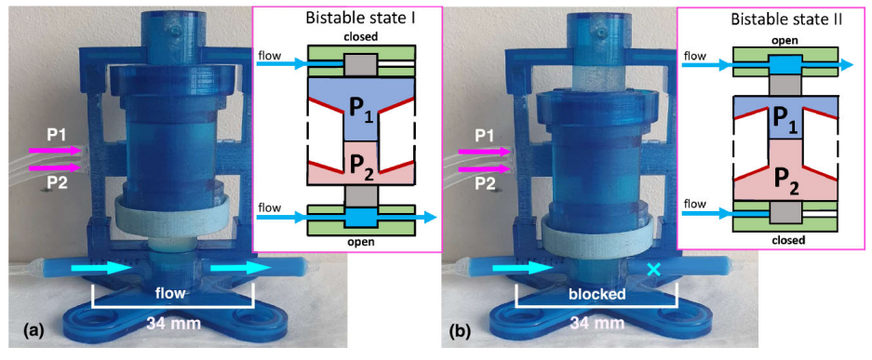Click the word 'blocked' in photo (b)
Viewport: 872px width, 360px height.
pos(597,294)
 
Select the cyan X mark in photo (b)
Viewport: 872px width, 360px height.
pos(654,270)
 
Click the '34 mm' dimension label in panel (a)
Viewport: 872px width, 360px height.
pos(172,321)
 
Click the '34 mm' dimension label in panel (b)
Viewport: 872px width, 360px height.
pos(596,321)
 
